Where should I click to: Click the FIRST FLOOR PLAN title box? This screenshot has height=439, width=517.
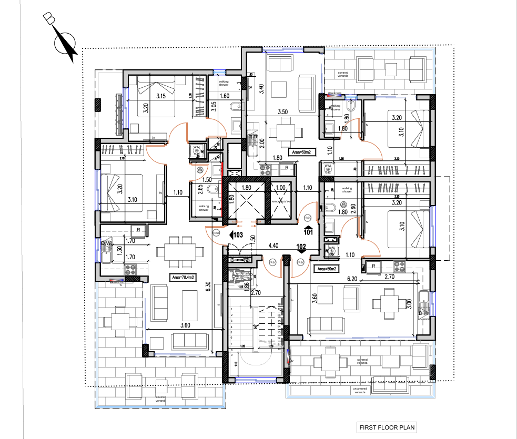point(386,427)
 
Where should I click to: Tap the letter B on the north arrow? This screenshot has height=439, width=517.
point(49,19)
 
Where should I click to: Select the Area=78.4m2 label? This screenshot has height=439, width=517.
point(183,277)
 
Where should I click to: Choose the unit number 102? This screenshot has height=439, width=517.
point(301,246)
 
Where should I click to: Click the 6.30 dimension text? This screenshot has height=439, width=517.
point(208,287)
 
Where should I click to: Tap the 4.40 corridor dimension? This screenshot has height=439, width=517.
point(273,245)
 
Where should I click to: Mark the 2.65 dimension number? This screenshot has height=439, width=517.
point(200,189)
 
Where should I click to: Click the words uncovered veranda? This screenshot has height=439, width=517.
point(360,390)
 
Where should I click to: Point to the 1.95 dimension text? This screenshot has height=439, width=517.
point(341,158)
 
